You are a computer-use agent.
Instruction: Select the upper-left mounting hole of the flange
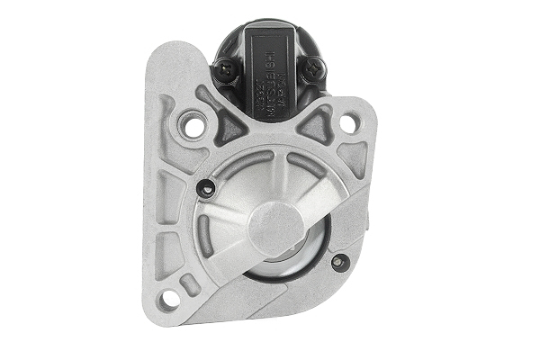click(193, 126)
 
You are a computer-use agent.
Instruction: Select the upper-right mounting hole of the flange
click(348, 123)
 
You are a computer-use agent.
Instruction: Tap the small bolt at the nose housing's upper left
click(205, 188)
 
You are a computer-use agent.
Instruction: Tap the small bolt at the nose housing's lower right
click(338, 262)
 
